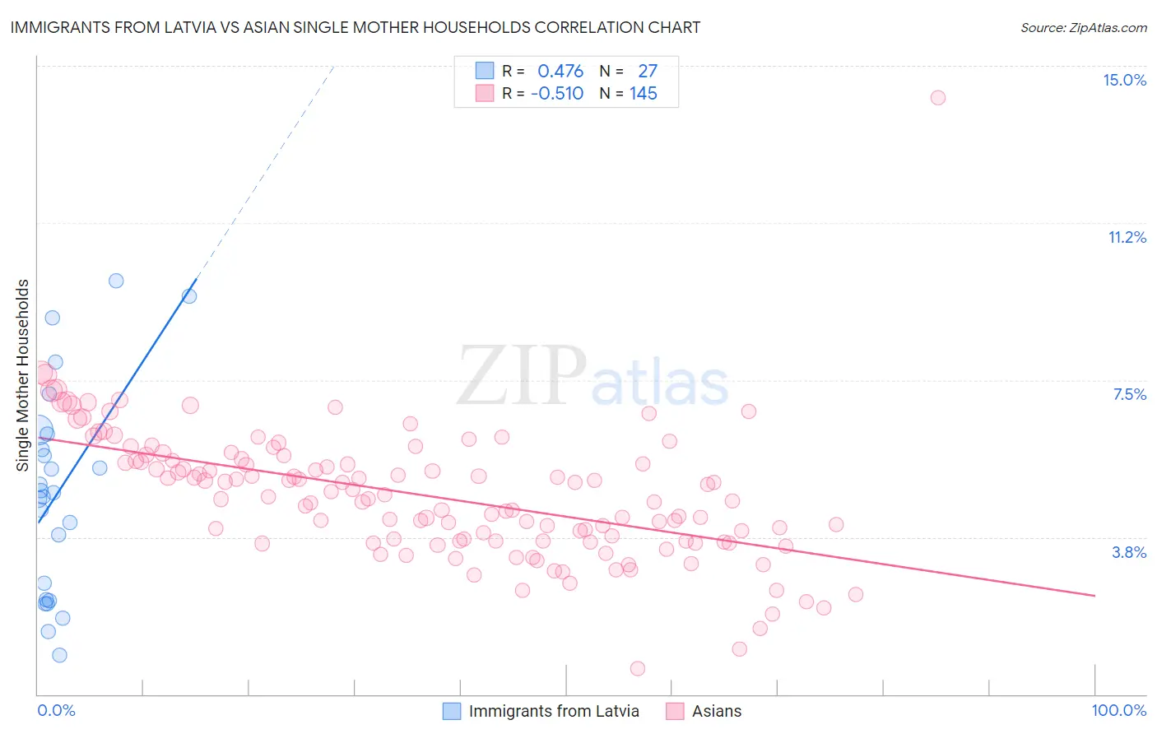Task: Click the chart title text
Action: pos(355,27)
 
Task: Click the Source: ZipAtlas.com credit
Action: pos(1083,28)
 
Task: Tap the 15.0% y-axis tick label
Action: pos(1124,80)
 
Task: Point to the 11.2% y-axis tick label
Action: pos(1127,237)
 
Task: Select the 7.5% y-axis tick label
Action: pos(1129,394)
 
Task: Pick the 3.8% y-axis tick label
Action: pos(1129,552)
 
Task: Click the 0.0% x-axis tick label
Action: pos(56,710)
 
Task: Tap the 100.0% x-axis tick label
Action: pos(1118,710)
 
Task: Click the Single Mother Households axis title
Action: pos(23,375)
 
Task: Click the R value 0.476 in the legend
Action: pos(560,72)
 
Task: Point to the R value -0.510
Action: pos(557,94)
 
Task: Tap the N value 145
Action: pos(644,94)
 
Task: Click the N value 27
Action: pos(648,72)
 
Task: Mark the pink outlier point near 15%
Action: pos(937,98)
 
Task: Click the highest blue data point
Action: pos(116,281)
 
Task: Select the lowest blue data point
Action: pos(59,655)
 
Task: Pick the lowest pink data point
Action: pos(637,668)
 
